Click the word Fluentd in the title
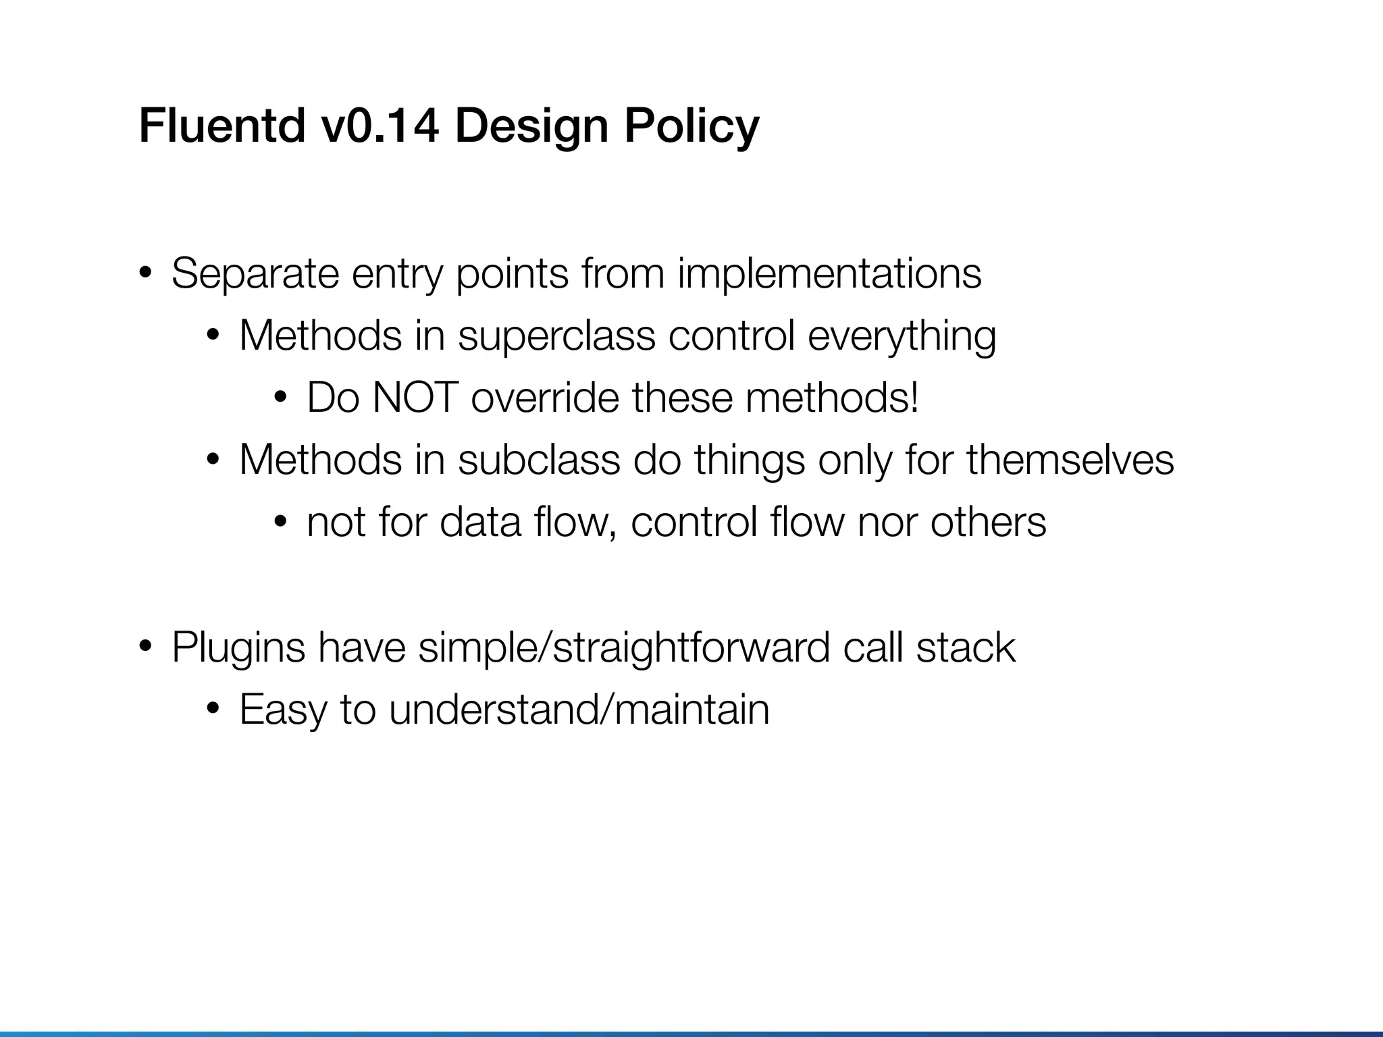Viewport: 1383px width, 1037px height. point(222,126)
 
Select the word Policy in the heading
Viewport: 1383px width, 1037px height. point(691,126)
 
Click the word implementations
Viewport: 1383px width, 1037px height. point(829,273)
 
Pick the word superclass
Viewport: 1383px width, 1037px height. point(556,336)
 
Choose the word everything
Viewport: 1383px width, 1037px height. point(902,336)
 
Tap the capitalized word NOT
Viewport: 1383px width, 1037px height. point(415,398)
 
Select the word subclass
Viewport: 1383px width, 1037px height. point(539,460)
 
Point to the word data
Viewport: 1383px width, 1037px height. point(480,522)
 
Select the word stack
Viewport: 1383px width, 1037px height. point(966,647)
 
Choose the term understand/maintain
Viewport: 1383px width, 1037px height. point(579,710)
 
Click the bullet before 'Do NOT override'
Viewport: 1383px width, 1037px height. point(280,398)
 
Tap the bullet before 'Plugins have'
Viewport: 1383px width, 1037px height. point(145,647)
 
